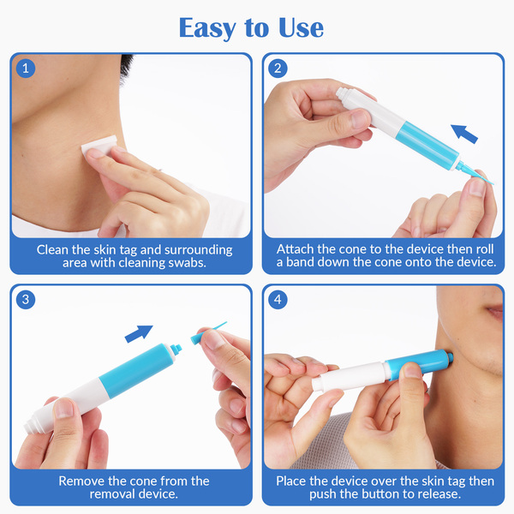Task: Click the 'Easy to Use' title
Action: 251,28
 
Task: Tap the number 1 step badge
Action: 26,69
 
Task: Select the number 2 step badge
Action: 278,69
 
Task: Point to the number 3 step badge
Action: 26,299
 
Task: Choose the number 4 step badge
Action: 278,299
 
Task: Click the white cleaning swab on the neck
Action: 99,146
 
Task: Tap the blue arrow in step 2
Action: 464,134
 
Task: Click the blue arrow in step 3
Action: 139,334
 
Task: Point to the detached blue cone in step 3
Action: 207,332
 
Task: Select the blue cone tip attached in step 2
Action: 474,173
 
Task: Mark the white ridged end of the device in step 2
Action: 344,96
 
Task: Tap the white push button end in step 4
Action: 319,384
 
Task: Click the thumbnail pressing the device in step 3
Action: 64,408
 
